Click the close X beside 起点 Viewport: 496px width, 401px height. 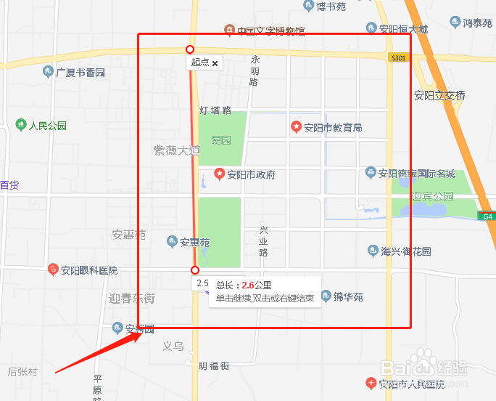click(215, 63)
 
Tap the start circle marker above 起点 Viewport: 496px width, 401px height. click(190, 49)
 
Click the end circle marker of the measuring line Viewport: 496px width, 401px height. click(195, 270)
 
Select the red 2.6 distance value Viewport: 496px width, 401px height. click(247, 285)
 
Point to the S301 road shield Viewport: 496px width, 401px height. click(397, 57)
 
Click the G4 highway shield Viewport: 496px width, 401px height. click(487, 216)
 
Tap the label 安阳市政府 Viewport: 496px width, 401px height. click(251, 175)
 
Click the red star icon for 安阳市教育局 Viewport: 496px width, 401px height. click(296, 127)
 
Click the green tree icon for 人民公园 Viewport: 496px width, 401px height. click(20, 125)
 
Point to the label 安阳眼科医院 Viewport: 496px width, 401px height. click(88, 271)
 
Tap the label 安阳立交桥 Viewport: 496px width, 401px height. click(439, 95)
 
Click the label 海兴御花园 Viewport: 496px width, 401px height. click(406, 251)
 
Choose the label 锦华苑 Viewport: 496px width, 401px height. click(348, 297)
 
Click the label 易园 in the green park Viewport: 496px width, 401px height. click(220, 139)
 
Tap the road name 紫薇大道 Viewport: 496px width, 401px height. click(175, 150)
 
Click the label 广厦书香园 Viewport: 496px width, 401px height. click(80, 73)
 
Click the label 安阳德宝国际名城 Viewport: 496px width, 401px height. click(417, 174)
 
